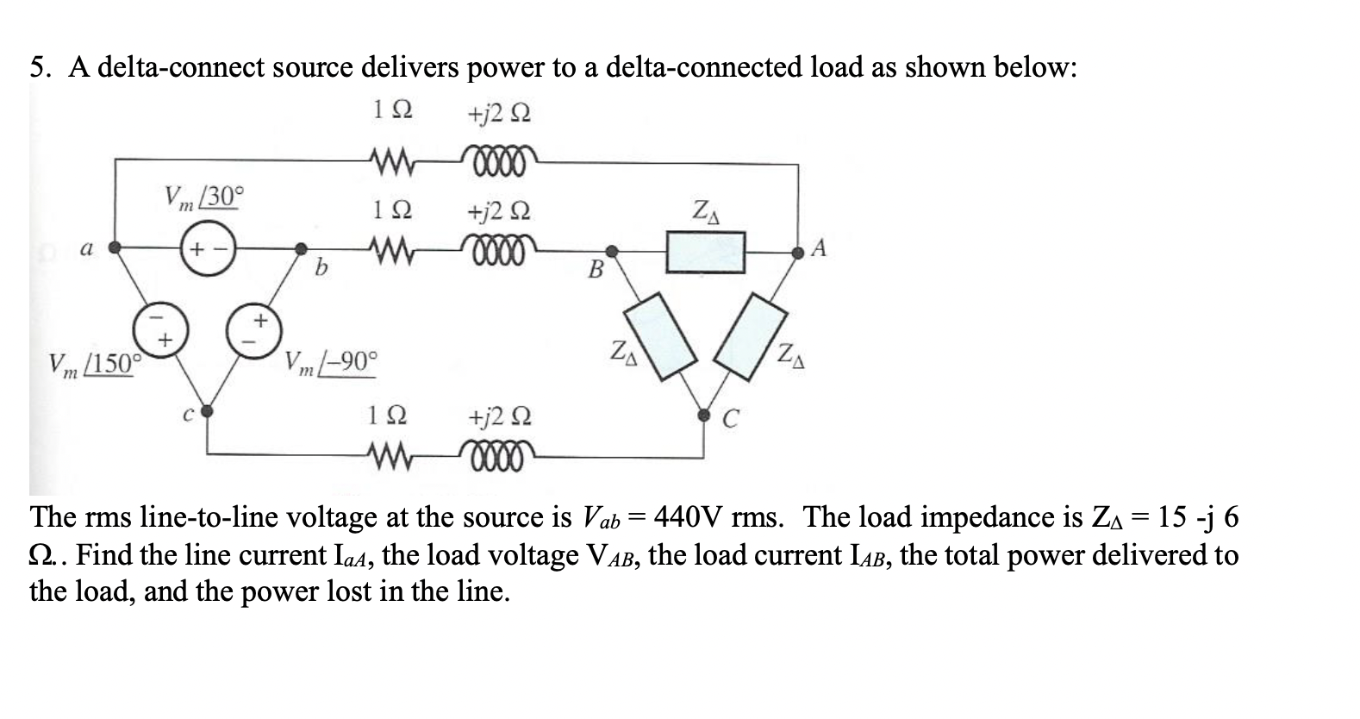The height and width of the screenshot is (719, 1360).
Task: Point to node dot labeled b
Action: coord(301,250)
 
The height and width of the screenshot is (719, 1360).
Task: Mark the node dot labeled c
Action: coord(207,413)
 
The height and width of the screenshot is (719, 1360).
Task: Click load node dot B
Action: coord(611,252)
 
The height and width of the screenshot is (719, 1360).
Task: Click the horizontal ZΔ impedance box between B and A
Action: coord(706,252)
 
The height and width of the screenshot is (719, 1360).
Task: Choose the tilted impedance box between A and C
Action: coord(753,334)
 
